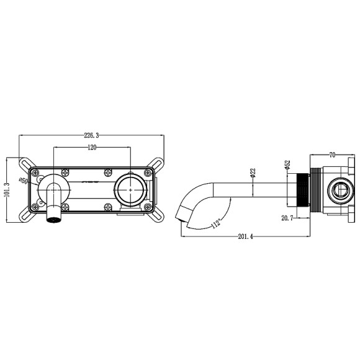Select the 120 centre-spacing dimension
click(92, 147)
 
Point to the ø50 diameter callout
click(23, 181)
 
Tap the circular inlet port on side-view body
click(341, 190)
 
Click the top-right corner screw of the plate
click(148, 171)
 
